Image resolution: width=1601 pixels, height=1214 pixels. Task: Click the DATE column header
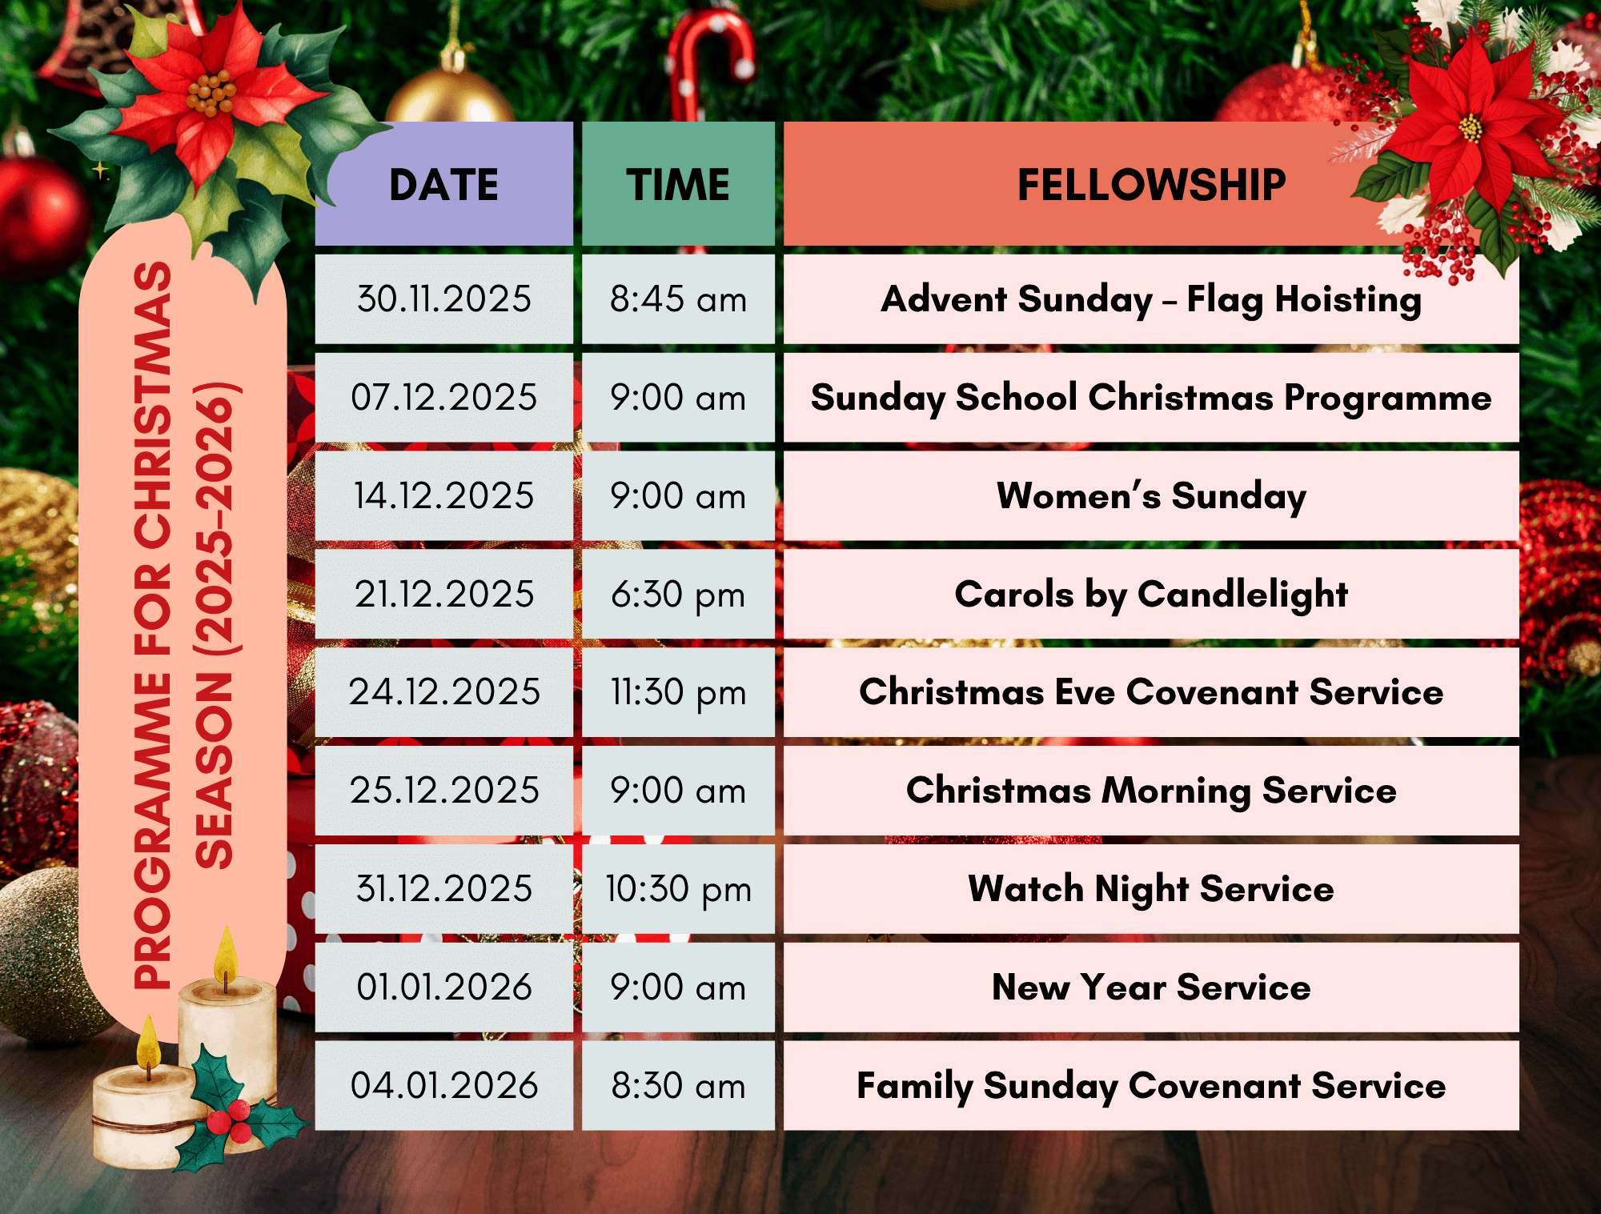tap(444, 185)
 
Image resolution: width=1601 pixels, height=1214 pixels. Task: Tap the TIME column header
tap(678, 185)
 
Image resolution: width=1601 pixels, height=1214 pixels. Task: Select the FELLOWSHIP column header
tap(1151, 185)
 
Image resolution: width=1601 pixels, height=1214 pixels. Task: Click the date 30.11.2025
tap(444, 299)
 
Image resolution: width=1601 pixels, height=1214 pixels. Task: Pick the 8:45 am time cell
tap(678, 299)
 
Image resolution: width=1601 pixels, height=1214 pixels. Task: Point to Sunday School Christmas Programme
tap(1151, 398)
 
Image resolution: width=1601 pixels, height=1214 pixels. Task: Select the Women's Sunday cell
tap(1151, 496)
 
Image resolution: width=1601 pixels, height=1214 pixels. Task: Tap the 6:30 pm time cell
tap(678, 595)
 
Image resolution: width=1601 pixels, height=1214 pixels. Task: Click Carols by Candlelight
tap(1151, 595)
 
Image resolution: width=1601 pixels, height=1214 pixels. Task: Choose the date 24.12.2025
tap(444, 692)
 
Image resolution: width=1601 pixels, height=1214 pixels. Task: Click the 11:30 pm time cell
tap(678, 692)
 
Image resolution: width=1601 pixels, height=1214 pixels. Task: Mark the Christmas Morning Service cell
tap(1151, 791)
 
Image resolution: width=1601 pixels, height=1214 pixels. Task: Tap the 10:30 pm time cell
tap(678, 889)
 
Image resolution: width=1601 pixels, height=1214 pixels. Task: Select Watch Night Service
tap(1151, 889)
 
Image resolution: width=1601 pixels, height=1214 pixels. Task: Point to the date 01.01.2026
tap(444, 988)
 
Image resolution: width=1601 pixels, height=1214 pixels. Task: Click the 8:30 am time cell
tap(678, 1086)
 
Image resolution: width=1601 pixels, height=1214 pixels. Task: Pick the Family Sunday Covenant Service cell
tap(1151, 1086)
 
